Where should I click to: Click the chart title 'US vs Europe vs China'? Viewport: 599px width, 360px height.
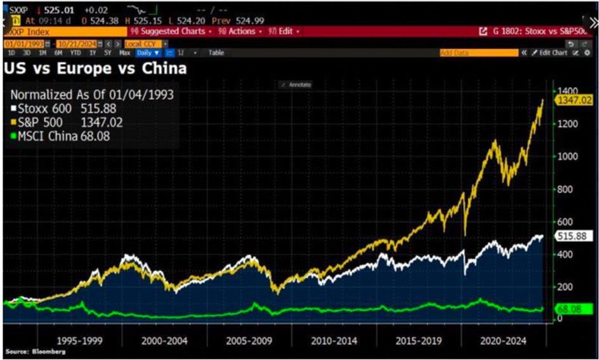coord(96,68)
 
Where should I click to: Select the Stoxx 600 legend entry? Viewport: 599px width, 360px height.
coord(63,109)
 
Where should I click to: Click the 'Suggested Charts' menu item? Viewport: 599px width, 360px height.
coord(171,31)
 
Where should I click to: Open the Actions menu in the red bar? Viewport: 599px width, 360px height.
coord(238,31)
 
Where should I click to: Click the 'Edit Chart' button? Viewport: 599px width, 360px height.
coord(550,53)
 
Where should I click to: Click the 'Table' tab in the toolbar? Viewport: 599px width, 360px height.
coord(216,53)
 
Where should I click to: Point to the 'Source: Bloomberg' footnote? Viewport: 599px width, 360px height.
coord(29,351)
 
